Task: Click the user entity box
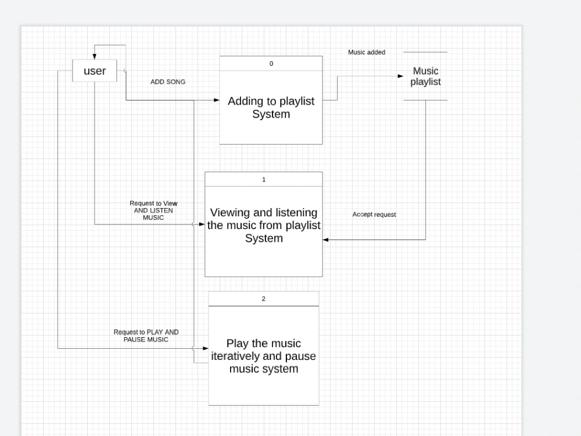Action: (x=95, y=71)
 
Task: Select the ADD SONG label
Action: (x=168, y=82)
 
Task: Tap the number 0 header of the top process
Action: (x=271, y=63)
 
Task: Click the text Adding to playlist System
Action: (x=271, y=108)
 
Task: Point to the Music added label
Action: (x=367, y=52)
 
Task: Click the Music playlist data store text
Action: (x=425, y=76)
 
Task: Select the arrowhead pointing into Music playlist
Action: (x=400, y=76)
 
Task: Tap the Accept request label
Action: (x=374, y=215)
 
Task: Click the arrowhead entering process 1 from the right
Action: (x=326, y=240)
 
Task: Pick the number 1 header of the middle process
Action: (x=264, y=180)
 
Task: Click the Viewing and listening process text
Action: (x=264, y=226)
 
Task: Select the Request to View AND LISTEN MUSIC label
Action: (x=153, y=210)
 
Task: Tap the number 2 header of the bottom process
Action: (x=264, y=299)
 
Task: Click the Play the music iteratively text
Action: (x=264, y=356)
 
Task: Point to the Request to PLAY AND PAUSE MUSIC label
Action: (x=146, y=335)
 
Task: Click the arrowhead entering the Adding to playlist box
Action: (x=216, y=100)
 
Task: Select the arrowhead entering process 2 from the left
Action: (x=205, y=348)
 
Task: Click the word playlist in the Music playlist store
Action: (x=425, y=82)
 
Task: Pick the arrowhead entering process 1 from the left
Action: (x=202, y=224)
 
